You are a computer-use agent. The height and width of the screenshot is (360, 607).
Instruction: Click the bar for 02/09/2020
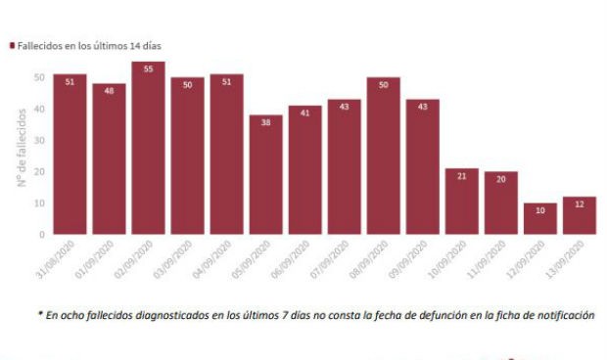(x=148, y=148)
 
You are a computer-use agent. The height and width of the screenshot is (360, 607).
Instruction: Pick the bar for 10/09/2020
(x=461, y=201)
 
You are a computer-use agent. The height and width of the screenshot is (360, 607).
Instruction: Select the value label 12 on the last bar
(x=579, y=204)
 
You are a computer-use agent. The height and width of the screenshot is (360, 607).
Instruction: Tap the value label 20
(x=500, y=179)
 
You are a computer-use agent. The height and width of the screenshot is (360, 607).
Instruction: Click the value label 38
(x=265, y=122)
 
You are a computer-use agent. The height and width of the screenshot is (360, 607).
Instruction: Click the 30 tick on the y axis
(x=39, y=140)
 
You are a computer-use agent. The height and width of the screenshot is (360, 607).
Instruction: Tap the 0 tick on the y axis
(x=41, y=235)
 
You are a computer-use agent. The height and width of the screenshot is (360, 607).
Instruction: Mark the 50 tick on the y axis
(x=39, y=76)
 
